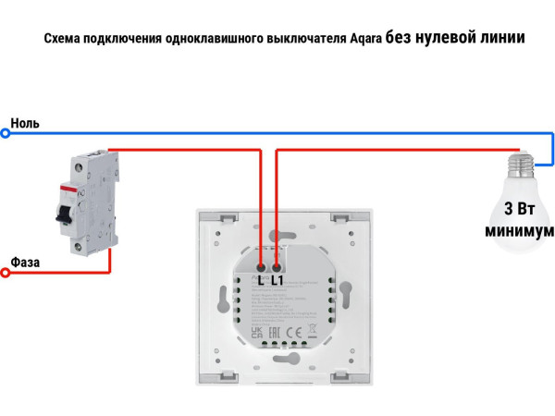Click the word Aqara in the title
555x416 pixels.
363,40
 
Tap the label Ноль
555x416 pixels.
25,123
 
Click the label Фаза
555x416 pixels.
25,263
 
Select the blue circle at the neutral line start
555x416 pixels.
5,134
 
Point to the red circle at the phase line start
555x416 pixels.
5,274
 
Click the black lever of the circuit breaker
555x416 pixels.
63,214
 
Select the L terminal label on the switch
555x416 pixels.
263,277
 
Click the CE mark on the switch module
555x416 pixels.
290,332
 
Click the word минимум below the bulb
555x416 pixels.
520,229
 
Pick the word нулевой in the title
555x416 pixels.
449,39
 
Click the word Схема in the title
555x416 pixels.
63,40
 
